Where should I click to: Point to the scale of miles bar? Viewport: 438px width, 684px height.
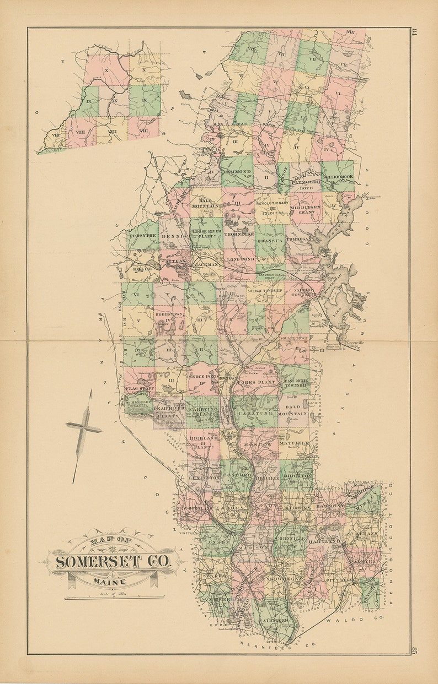[x=114, y=597]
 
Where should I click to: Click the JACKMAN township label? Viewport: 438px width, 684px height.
[x=207, y=265]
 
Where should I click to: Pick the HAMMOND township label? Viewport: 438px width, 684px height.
[x=236, y=172]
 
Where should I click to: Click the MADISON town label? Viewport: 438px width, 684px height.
[x=253, y=548]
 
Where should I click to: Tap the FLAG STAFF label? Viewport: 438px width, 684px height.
[x=139, y=389]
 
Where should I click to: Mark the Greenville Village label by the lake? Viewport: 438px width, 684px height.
[x=349, y=343]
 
